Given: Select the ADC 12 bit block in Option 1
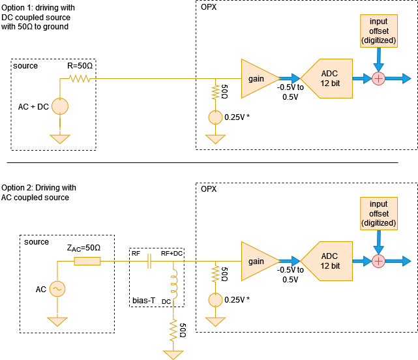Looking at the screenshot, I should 329,79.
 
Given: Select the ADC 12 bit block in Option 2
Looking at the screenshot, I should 329,262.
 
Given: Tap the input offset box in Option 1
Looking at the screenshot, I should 378,31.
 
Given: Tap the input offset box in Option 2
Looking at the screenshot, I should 378,214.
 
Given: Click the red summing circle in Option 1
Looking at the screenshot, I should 378,79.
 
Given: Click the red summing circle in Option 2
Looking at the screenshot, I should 378,262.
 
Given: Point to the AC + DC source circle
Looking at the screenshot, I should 60,106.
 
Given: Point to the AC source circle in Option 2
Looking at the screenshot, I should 60,288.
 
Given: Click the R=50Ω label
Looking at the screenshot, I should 81,67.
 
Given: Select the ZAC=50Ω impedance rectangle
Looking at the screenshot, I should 87,262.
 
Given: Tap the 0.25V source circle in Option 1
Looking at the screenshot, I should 215,118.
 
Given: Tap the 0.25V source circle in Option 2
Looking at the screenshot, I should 215,301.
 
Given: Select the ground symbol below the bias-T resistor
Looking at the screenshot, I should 174,354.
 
